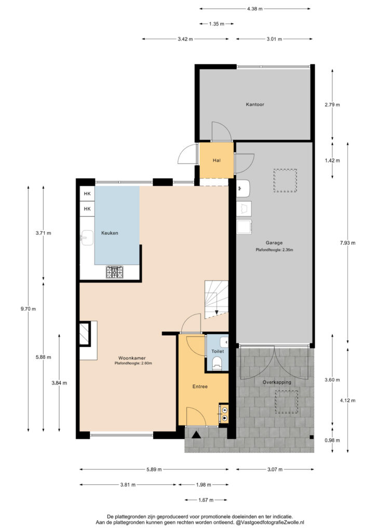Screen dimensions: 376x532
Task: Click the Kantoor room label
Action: pyautogui.click(x=255, y=104)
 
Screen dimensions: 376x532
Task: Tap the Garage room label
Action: pyautogui.click(x=274, y=243)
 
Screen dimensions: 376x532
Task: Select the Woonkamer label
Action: pyautogui.click(x=132, y=358)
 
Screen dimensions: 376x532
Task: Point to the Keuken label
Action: pyautogui.click(x=110, y=233)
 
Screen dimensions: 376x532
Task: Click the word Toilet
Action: pyautogui.click(x=218, y=351)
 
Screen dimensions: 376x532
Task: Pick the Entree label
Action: pyautogui.click(x=200, y=387)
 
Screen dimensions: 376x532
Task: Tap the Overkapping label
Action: pyautogui.click(x=277, y=382)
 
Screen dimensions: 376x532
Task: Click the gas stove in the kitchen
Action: pyautogui.click(x=114, y=272)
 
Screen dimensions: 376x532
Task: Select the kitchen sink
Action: pyautogui.click(x=87, y=237)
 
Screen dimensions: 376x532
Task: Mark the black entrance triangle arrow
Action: pyautogui.click(x=196, y=435)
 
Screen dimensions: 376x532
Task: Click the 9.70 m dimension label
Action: pyautogui.click(x=28, y=309)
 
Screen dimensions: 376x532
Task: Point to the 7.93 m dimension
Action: pyautogui.click(x=348, y=243)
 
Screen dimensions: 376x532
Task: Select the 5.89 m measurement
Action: pyautogui.click(x=154, y=470)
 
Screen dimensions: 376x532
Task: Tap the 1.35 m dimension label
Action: pyautogui.click(x=217, y=24)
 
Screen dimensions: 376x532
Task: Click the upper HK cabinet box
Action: pyautogui.click(x=87, y=194)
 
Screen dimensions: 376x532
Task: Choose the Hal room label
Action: pyautogui.click(x=217, y=160)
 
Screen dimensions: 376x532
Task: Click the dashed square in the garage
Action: pyautogui.click(x=285, y=180)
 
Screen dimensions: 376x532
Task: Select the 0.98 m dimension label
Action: pyautogui.click(x=332, y=441)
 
